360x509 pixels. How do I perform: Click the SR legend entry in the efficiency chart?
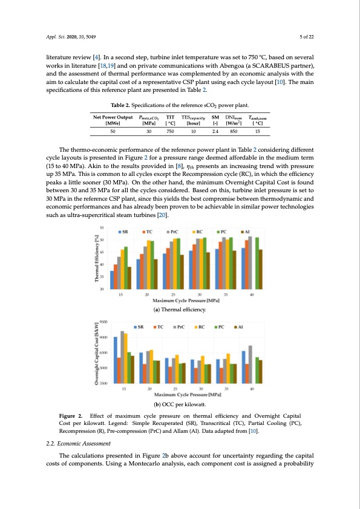[x=125, y=231]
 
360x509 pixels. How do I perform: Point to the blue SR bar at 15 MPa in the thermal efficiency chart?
[x=113, y=280]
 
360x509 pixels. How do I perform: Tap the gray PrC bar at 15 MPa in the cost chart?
[x=122, y=357]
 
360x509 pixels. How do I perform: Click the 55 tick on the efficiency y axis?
[x=103, y=227]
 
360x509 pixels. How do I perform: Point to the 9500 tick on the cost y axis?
[x=103, y=322]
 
